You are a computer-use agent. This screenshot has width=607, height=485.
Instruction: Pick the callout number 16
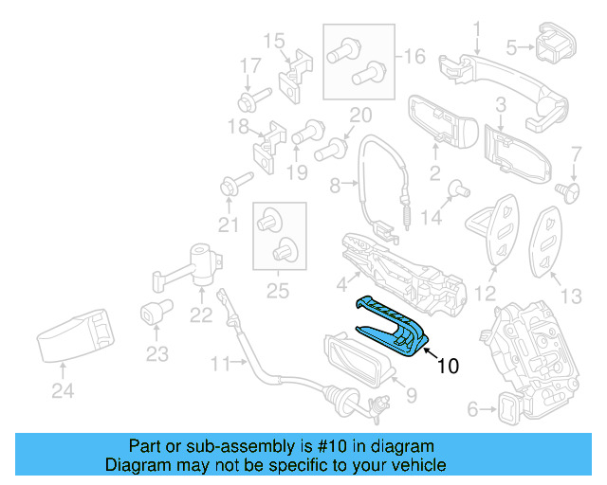tap(414, 56)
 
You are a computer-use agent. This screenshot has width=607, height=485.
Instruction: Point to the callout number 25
tap(277, 291)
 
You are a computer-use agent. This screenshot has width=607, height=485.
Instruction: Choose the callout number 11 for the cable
tap(220, 363)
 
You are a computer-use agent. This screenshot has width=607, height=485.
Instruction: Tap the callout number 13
tap(571, 296)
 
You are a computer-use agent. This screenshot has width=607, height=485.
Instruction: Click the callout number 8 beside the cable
tap(334, 188)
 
